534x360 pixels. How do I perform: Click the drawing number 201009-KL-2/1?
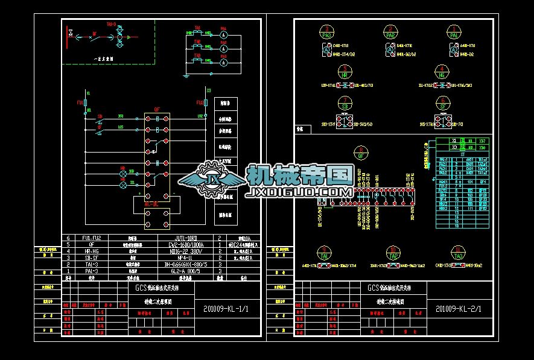point(462,309)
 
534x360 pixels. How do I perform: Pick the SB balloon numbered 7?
point(345,103)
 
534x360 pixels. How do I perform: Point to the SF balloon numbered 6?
point(443,103)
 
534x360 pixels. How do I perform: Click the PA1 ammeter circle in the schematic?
point(223,35)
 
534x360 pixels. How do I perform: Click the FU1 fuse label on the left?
point(79,103)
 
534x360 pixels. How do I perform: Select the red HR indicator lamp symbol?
point(123,174)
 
